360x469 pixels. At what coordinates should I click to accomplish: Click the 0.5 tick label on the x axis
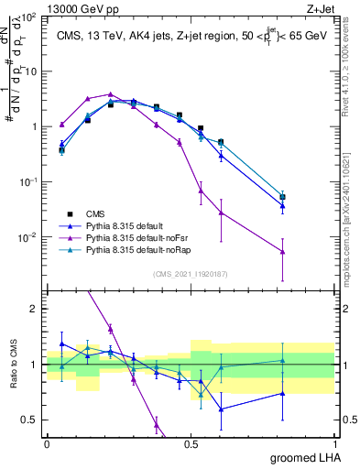pyautogui.click(x=191, y=442)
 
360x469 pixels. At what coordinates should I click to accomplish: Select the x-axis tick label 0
pyautogui.click(x=48, y=442)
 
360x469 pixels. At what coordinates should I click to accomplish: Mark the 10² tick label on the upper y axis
pyautogui.click(x=29, y=17)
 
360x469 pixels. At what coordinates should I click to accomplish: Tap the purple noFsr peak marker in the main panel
pyautogui.click(x=110, y=93)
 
